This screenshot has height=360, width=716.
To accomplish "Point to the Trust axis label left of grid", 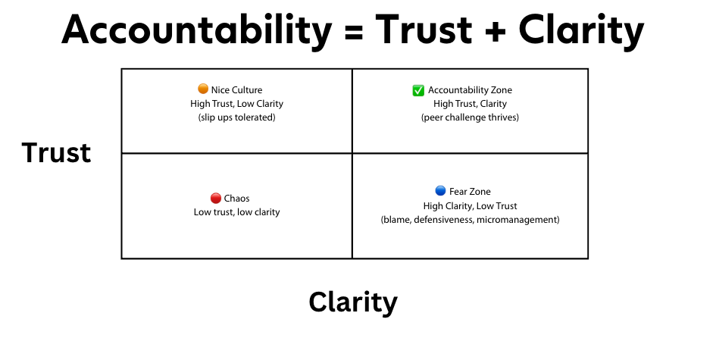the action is (x=56, y=153).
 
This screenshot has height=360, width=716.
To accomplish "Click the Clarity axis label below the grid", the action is (x=353, y=302).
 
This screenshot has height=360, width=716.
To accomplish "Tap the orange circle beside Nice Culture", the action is (x=203, y=89).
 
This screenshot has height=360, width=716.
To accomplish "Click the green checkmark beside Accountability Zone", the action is (x=418, y=90).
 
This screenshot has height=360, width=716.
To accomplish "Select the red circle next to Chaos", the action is (x=216, y=199).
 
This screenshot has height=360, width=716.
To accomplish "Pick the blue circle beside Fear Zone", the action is (x=440, y=191).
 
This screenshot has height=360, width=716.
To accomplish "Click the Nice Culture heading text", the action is (x=236, y=89).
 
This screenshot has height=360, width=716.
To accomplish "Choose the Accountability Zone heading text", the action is (x=470, y=90).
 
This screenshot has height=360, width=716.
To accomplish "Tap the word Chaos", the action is (x=236, y=199).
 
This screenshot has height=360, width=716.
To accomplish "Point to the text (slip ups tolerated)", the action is (x=236, y=117).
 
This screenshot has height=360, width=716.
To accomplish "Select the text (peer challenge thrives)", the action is (x=470, y=117).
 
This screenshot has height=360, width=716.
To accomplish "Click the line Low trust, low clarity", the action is (x=236, y=212).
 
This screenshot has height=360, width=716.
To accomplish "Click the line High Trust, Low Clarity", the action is (x=236, y=103).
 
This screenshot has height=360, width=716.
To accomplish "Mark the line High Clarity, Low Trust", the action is (x=470, y=206).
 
